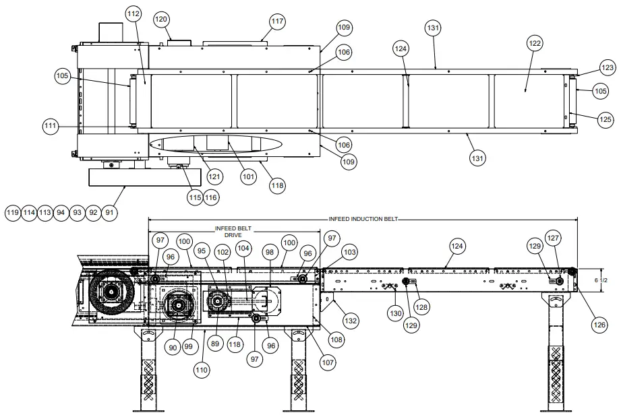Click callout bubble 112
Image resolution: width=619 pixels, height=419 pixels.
pos(134,13)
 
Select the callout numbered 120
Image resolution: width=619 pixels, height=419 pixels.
pos(161,20)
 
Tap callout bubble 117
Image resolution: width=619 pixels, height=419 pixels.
pos(277,22)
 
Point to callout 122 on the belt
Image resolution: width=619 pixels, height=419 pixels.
pos(535,43)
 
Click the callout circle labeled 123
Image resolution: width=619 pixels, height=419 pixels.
pos(608,67)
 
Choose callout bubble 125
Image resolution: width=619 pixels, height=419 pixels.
pos(606,119)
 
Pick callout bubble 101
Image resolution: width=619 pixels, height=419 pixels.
pos(249,177)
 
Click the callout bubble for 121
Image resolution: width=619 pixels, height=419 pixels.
pos(214,177)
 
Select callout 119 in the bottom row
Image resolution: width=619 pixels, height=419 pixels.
pos(12,212)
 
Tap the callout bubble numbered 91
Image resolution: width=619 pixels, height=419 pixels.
pos(109,212)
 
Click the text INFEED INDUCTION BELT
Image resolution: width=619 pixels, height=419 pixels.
pos(363,219)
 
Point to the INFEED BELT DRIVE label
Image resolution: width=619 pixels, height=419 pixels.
pos(234,232)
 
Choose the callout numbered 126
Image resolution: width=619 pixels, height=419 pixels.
pos(599,324)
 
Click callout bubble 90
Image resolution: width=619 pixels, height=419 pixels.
pos(172,347)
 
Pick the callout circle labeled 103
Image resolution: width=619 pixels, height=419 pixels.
pos(349,252)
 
